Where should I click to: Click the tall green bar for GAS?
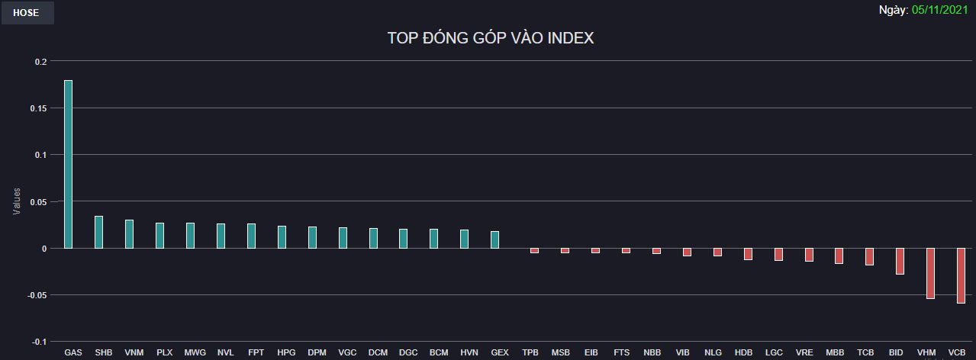69,164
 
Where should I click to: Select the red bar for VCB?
961,275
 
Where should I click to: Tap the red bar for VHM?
930,273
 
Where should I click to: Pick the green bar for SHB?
99,232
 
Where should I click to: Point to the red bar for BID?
900,261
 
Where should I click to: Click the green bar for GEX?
495,239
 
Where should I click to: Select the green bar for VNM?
130,234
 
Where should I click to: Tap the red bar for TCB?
869,256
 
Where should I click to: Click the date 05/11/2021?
940,10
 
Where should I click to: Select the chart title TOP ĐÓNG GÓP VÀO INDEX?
491,38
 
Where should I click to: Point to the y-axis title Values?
17,201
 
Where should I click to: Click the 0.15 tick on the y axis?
38,108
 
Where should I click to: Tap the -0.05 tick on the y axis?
37,296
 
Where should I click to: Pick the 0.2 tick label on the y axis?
41,62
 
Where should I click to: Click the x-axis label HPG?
286,352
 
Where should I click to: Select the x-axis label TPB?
530,352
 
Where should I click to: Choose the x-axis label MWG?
195,352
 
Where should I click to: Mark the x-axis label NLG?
713,352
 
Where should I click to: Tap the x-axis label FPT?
256,352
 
